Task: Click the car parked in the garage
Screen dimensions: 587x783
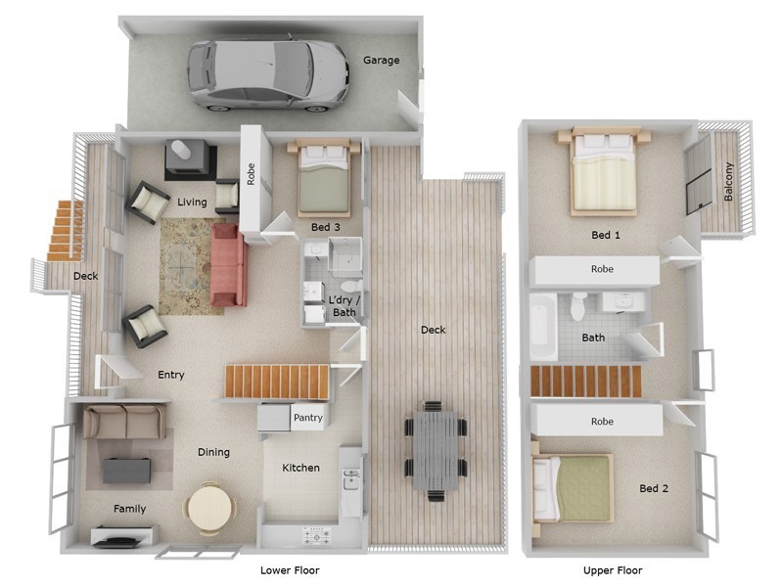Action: click(268, 73)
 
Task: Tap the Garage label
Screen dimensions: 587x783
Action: click(382, 61)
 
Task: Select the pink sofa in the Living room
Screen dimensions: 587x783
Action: click(228, 264)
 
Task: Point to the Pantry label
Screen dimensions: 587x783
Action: click(307, 419)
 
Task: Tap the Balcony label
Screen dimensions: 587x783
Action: click(728, 182)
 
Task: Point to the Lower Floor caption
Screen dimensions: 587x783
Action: click(290, 570)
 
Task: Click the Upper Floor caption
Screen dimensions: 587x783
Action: click(613, 570)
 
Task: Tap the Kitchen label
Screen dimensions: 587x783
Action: click(300, 468)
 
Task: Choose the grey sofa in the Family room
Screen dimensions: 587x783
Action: click(123, 423)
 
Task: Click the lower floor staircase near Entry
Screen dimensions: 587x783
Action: click(277, 382)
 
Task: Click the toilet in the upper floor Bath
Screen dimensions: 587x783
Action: click(579, 306)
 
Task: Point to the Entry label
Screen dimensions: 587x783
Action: click(170, 375)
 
